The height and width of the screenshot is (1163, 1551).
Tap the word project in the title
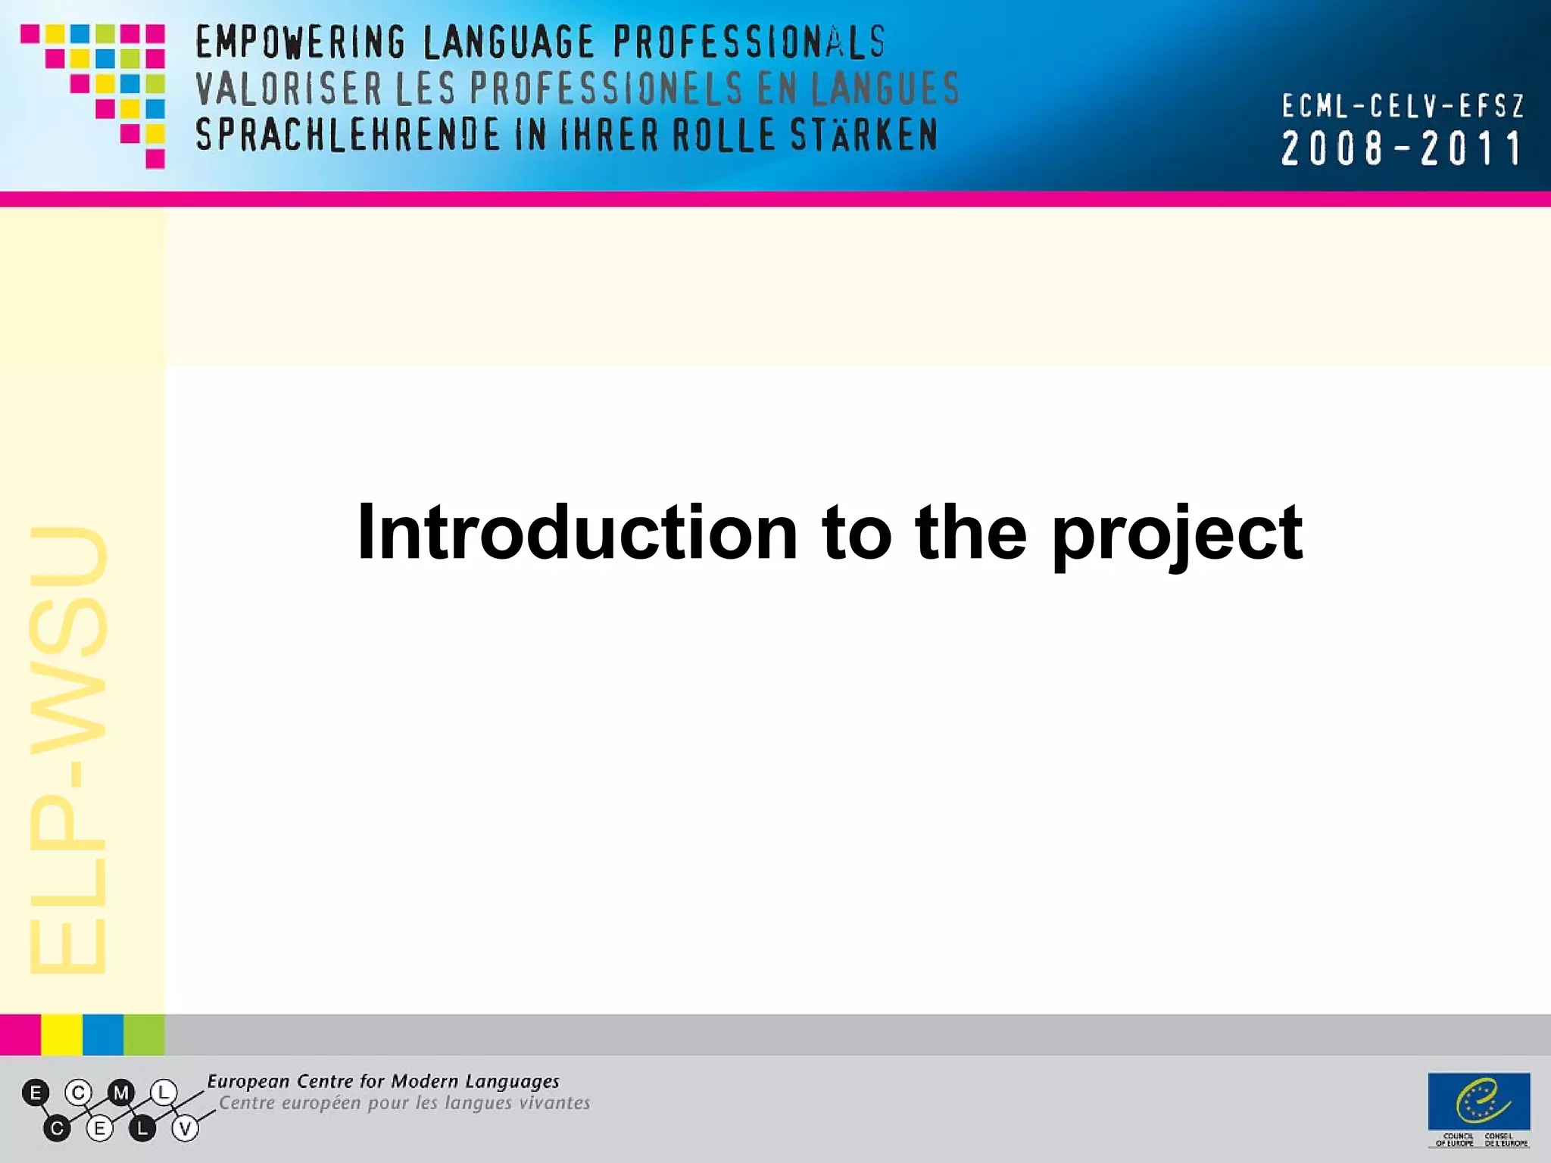[1177, 535]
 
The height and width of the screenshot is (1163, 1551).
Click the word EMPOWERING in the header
[301, 42]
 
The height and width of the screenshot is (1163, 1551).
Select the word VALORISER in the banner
[289, 89]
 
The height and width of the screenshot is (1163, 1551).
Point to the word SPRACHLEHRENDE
[348, 136]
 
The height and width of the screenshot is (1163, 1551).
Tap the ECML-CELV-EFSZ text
[1402, 107]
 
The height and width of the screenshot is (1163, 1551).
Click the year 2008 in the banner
[1332, 148]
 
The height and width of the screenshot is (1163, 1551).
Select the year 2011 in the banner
[1471, 148]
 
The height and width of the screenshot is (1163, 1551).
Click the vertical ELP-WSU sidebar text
[68, 750]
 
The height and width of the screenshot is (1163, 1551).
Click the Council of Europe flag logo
[1478, 1102]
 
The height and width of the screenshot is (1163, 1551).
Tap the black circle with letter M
[121, 1093]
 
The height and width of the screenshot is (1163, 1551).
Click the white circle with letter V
[185, 1129]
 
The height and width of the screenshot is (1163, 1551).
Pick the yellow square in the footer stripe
[61, 1035]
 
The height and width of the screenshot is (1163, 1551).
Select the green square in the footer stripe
[144, 1035]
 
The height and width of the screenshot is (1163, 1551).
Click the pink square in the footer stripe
[20, 1035]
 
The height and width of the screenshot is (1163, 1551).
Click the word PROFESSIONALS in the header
[748, 42]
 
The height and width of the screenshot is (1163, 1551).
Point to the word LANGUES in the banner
[885, 89]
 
